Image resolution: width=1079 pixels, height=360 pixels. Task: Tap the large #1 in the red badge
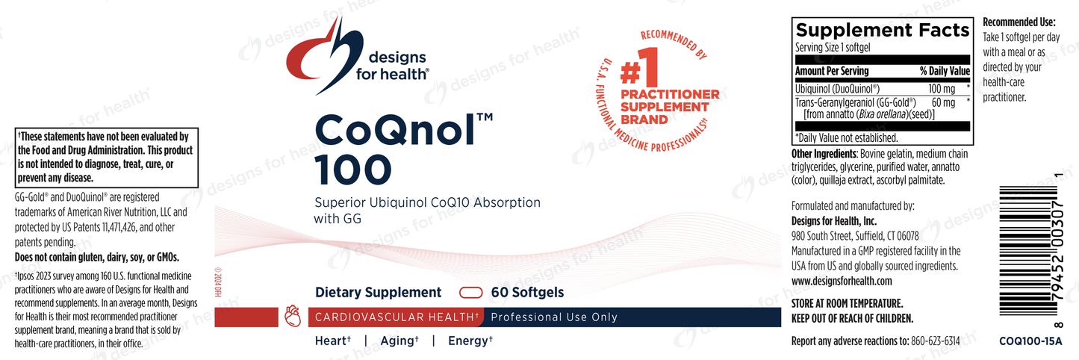click(639, 67)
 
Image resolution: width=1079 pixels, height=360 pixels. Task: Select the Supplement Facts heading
click(882, 30)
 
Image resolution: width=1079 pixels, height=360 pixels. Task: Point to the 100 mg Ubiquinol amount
click(942, 89)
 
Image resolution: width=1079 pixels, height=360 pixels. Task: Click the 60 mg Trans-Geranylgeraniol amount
click(943, 102)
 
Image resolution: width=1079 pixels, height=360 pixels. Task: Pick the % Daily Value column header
click(945, 71)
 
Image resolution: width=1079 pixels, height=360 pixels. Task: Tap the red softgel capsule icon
click(470, 293)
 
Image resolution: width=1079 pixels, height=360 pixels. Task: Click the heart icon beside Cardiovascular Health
click(293, 316)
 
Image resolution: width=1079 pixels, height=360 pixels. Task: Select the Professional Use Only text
click(554, 317)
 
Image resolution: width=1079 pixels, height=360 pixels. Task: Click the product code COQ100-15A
click(1030, 341)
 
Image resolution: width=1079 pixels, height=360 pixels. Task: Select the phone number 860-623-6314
click(936, 341)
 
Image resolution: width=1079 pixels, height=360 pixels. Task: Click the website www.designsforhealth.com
click(842, 281)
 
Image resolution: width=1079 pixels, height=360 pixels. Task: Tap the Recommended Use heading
click(1019, 22)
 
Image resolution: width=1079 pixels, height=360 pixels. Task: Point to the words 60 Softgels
click(527, 293)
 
